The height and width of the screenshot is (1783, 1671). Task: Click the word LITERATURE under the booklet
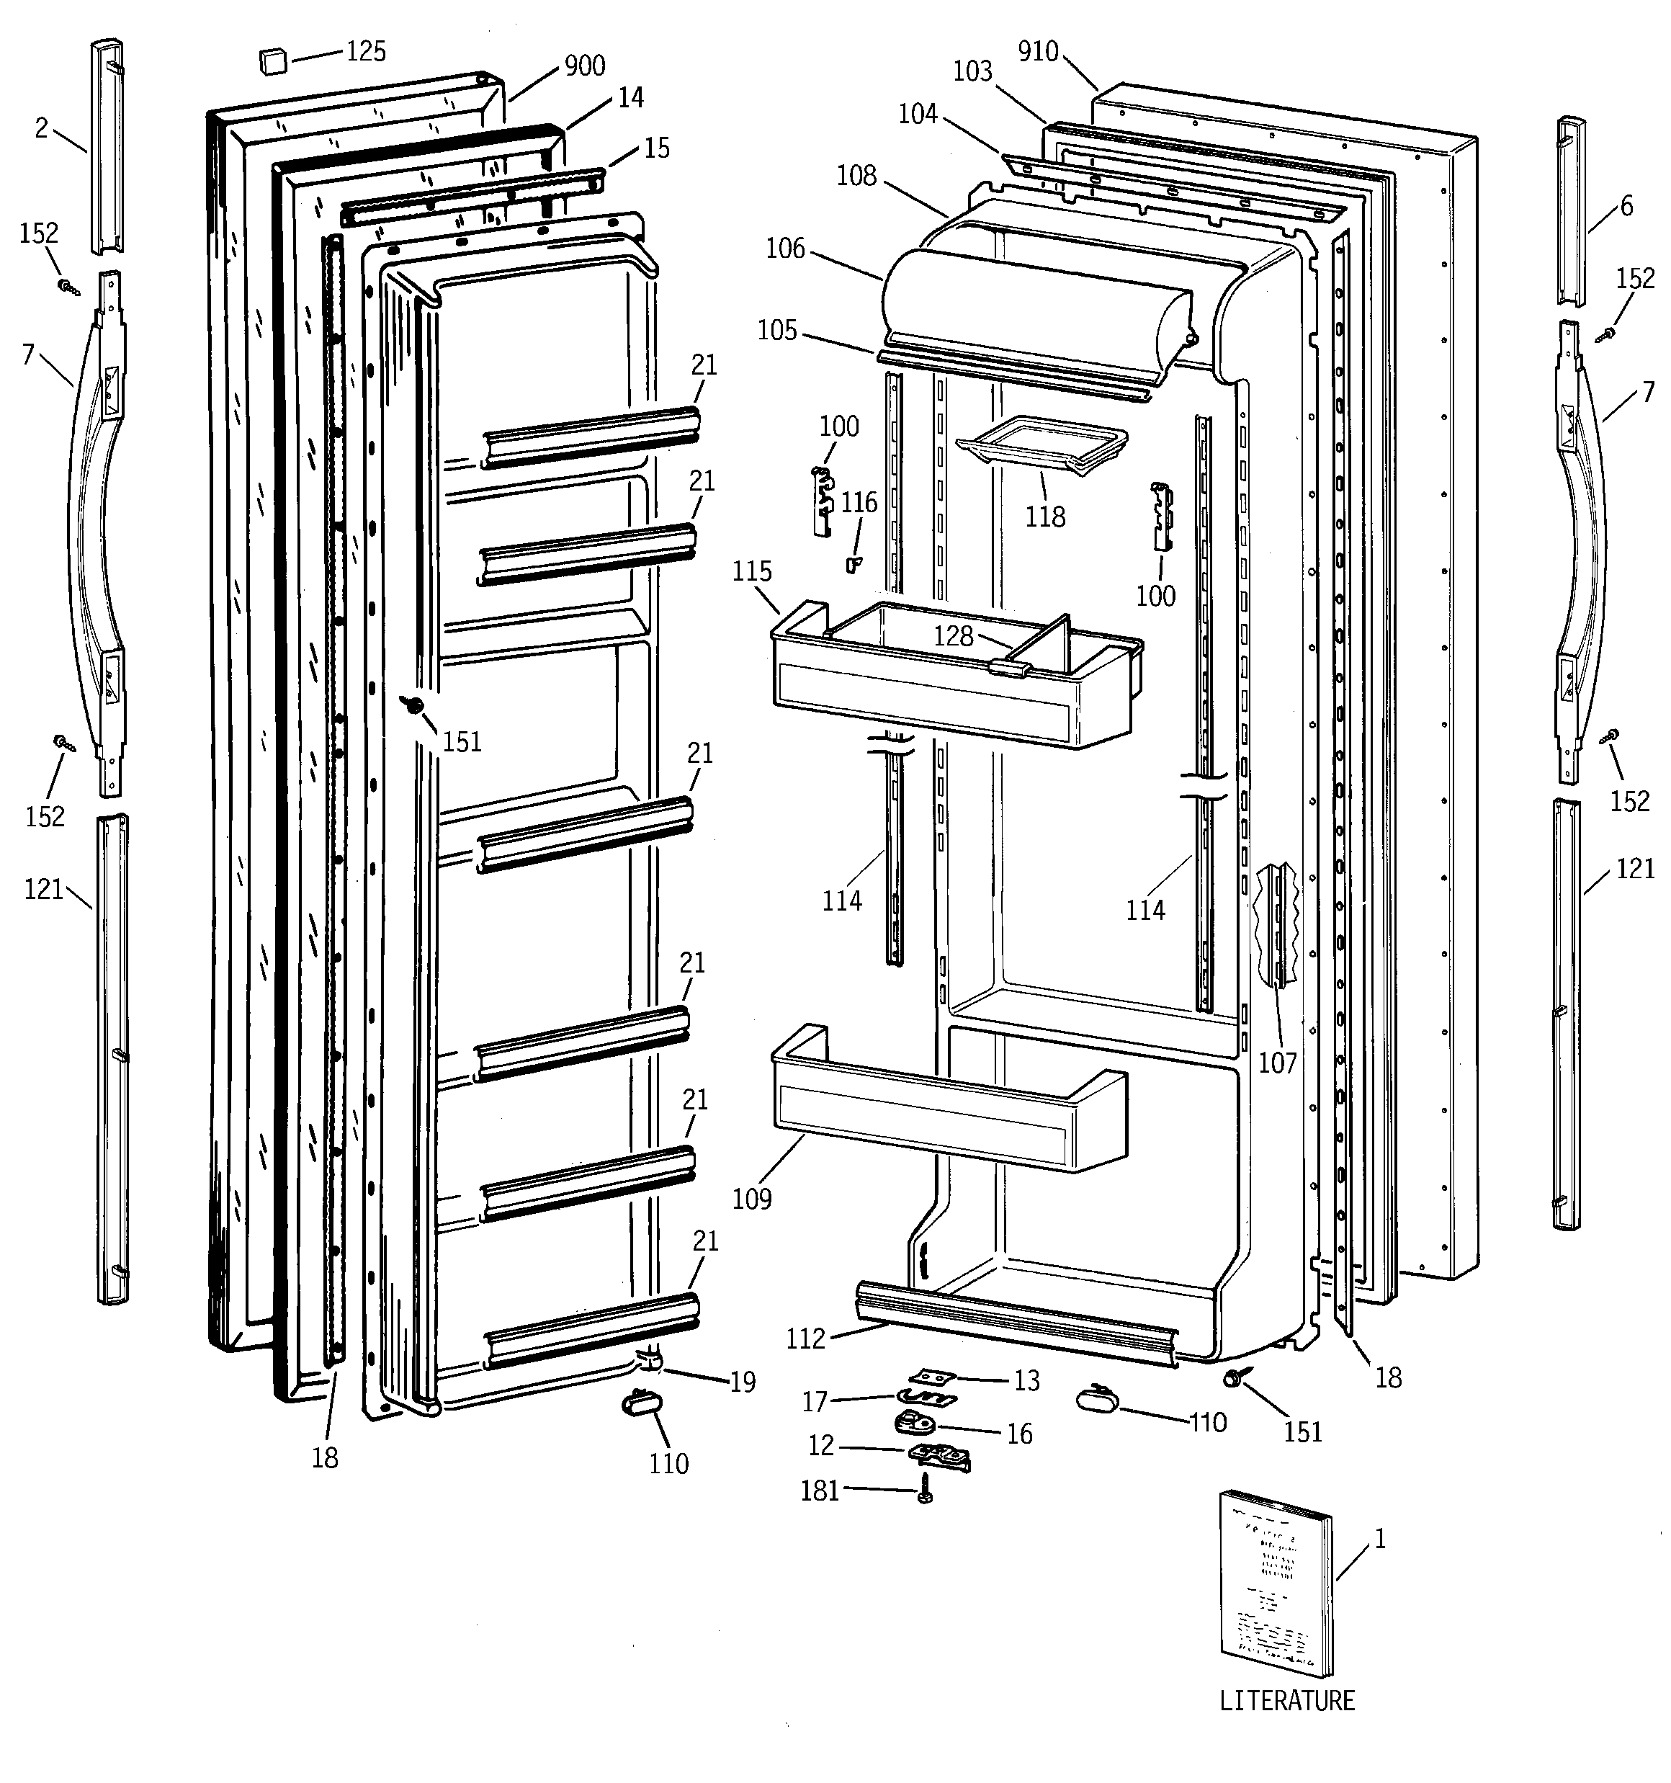click(x=1286, y=1700)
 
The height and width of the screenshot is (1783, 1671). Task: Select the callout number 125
click(x=366, y=51)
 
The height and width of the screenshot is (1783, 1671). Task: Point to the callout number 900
click(x=584, y=66)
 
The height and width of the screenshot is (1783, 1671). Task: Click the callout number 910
click(x=1038, y=51)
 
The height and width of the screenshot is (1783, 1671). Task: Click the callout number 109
click(x=752, y=1198)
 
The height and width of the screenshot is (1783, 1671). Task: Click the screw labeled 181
click(x=925, y=1491)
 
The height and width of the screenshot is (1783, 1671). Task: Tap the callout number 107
click(x=1277, y=1063)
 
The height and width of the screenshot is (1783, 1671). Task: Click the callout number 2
click(x=41, y=128)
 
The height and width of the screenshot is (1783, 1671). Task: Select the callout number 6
click(x=1626, y=206)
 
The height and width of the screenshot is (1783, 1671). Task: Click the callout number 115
click(x=752, y=571)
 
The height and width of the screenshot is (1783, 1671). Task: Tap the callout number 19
click(x=742, y=1382)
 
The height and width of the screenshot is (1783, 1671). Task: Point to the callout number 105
click(x=776, y=331)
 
